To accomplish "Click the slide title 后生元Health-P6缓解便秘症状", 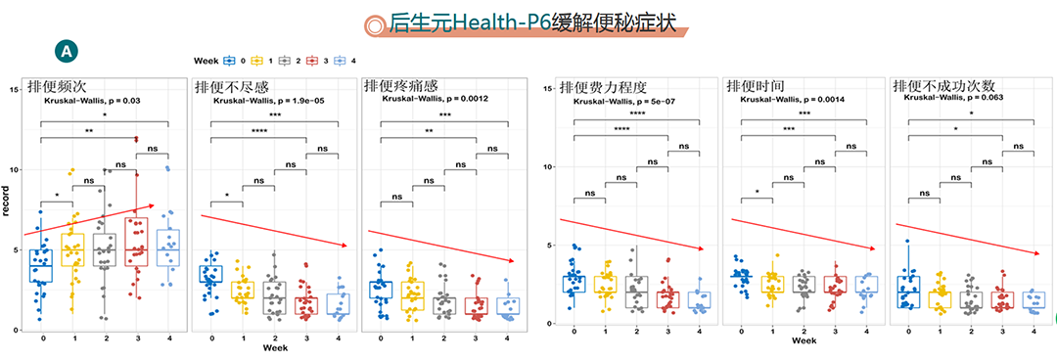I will coord(533,22).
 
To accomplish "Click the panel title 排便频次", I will coord(58,86).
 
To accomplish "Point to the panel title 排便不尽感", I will coord(232,86).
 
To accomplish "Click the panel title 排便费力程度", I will coord(604,86).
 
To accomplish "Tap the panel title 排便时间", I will coord(756,86).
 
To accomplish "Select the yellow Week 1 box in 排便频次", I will coord(72,250).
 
